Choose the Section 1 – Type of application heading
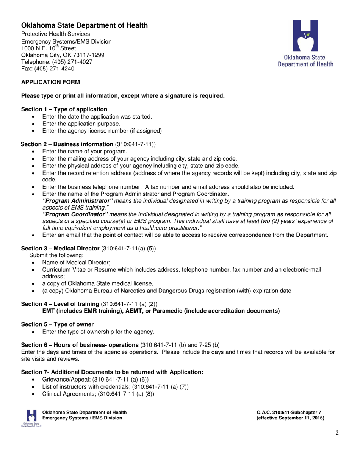[x=66, y=109]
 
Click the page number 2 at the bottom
[x=337, y=433]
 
